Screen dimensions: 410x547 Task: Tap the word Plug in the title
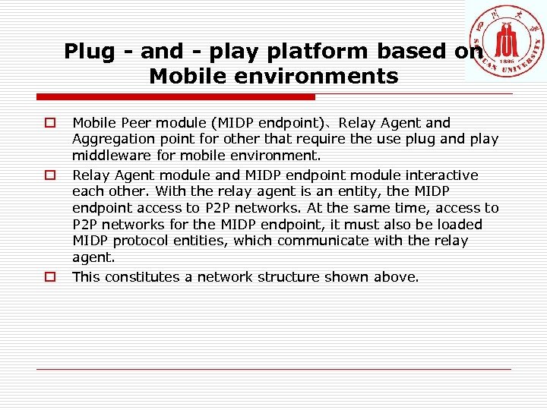(90, 51)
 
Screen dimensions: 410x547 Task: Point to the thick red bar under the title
(175, 97)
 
